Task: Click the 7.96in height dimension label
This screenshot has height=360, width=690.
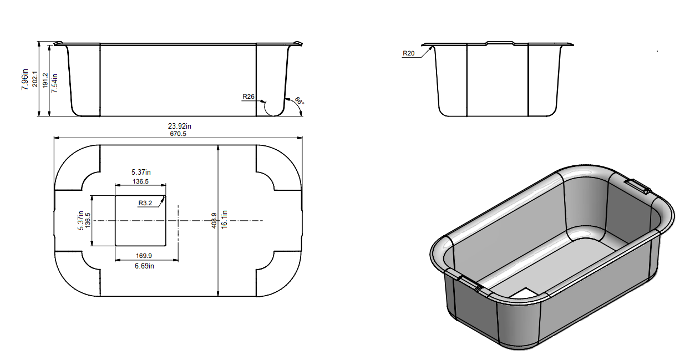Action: [x=25, y=79]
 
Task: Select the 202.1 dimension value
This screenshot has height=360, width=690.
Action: [x=35, y=79]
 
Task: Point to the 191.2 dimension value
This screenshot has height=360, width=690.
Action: [x=45, y=81]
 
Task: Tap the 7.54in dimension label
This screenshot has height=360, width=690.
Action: [x=54, y=81]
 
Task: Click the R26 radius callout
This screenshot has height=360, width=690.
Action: [x=248, y=97]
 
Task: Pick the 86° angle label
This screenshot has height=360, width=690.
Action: [x=299, y=101]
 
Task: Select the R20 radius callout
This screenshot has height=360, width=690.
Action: [x=408, y=53]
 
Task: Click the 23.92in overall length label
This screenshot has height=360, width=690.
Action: [x=179, y=126]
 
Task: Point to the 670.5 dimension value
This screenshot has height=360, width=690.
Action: [x=179, y=133]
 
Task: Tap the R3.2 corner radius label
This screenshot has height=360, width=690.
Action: [x=145, y=203]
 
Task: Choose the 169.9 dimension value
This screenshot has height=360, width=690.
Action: [x=144, y=256]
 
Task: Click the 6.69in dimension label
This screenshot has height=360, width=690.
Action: [x=144, y=266]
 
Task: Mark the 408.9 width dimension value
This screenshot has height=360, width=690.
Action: [x=214, y=221]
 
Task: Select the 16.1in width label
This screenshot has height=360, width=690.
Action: [x=225, y=221]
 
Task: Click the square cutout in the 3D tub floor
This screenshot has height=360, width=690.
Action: [x=524, y=292]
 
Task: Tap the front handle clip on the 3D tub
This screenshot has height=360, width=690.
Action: [x=469, y=282]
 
